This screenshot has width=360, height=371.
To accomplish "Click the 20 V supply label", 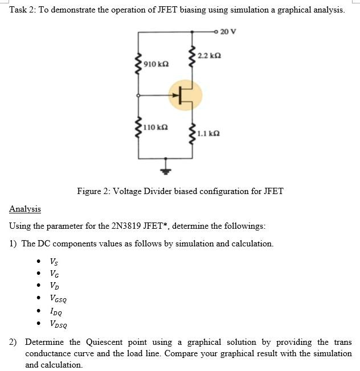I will coord(228,31).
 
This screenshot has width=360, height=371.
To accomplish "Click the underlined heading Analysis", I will coord(24,209).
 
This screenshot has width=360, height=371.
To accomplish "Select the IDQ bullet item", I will coord(56,311).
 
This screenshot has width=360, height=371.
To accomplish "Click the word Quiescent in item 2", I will coord(107,342).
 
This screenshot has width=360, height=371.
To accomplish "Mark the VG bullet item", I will coord(54,274).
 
